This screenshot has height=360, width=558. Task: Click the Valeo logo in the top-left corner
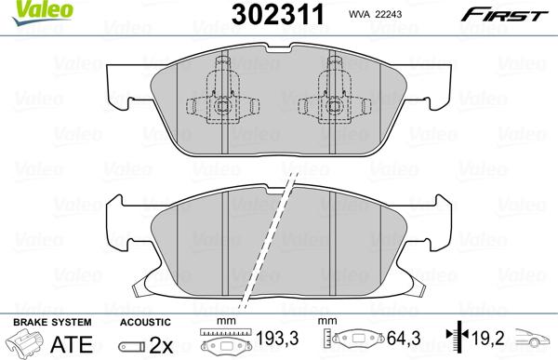[27, 10]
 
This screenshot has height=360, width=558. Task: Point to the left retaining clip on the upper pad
[222, 97]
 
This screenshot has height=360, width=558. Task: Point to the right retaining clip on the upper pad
[332, 97]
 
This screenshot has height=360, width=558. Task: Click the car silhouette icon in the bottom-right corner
[537, 341]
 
